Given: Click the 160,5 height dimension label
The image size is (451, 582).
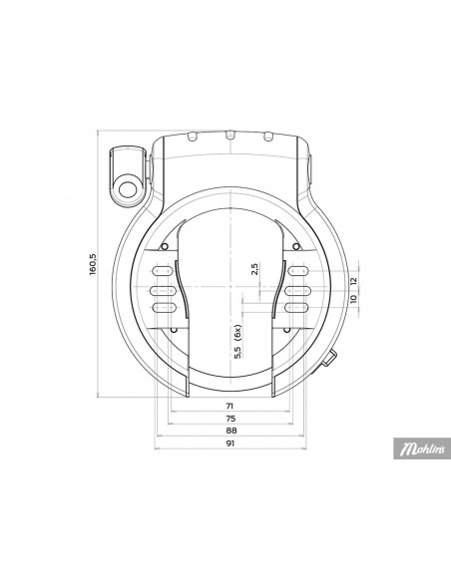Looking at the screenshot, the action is (x=93, y=264).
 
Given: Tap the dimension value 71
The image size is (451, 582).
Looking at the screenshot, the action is (x=230, y=406).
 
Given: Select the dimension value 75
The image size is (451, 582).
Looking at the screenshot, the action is (x=230, y=419).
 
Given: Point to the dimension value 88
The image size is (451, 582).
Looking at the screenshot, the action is (x=230, y=431).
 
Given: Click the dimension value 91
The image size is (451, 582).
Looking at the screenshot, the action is (x=230, y=443).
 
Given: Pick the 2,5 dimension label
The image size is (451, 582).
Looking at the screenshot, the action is (x=254, y=269).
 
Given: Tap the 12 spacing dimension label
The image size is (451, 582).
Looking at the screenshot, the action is (x=353, y=281).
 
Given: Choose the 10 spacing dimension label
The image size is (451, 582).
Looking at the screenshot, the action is (x=353, y=298).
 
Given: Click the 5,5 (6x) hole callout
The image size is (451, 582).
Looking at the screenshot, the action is (x=238, y=342).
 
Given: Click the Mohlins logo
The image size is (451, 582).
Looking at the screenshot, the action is (x=422, y=448).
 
